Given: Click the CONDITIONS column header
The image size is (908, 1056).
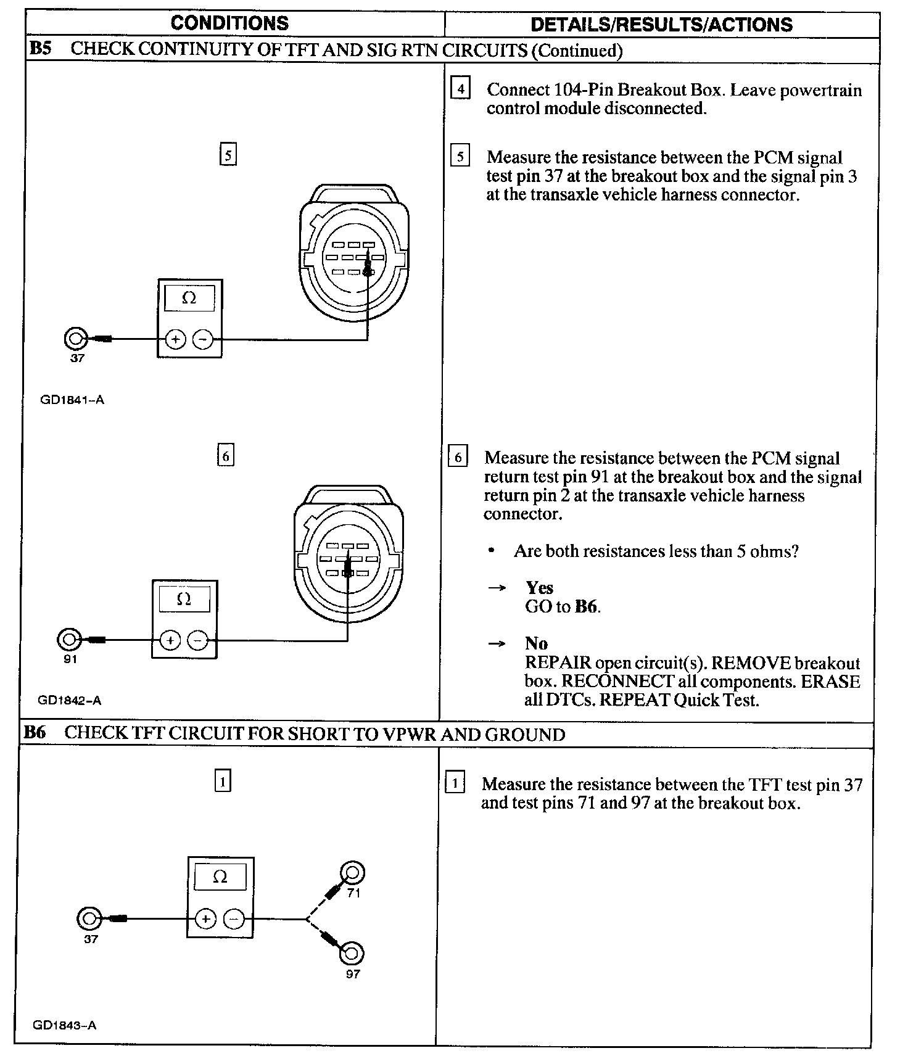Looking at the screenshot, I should (229, 23).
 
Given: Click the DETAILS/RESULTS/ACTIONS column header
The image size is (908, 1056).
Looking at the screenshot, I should (661, 25).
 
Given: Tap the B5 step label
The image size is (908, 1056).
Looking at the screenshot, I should (41, 49).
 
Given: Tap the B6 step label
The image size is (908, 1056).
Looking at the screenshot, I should (35, 733).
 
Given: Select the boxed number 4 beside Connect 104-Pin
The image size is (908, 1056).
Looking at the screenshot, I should (460, 89).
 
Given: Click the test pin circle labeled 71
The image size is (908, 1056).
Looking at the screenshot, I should (353, 873).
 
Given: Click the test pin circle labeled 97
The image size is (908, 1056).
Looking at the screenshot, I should (352, 954).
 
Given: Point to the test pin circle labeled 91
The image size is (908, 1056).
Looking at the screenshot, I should (68, 640).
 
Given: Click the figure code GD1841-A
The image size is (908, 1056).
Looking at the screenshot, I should (72, 400).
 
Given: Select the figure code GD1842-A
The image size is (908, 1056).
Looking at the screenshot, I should (69, 700).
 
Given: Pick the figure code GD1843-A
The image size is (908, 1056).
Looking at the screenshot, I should (64, 1025).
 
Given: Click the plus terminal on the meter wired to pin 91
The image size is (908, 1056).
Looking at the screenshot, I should (170, 641).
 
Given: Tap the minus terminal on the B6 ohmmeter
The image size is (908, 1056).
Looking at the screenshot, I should (234, 919).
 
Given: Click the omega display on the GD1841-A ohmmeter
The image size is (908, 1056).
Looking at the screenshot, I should (189, 299).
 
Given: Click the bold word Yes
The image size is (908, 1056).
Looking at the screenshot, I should (539, 588).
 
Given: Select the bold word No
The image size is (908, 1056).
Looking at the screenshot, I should (536, 644).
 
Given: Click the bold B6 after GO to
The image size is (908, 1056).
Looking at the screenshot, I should (586, 607).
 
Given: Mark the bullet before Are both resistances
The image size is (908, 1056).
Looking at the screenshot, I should (492, 551).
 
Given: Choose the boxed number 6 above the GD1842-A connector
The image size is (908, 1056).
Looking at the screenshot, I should (226, 456).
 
